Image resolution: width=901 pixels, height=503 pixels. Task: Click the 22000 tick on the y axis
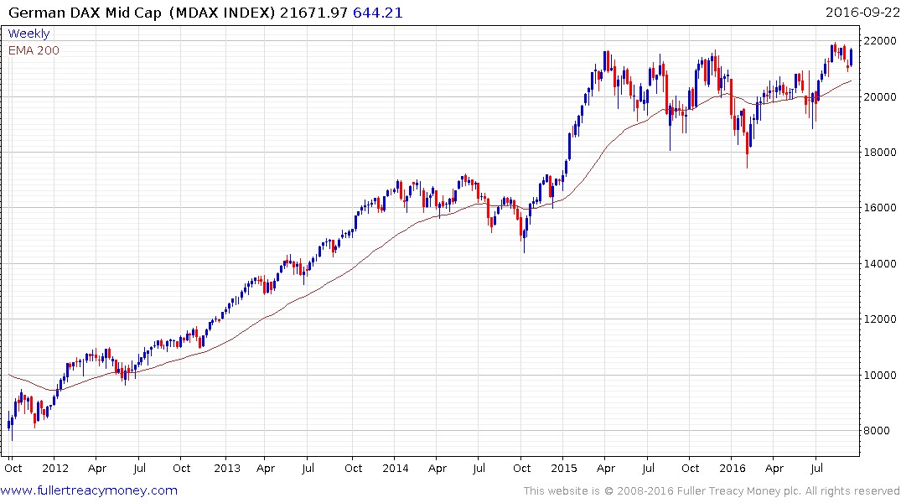pos(879,41)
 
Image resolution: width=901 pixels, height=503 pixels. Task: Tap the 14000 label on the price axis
pos(879,264)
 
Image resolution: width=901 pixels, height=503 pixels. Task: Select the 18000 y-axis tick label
pos(879,153)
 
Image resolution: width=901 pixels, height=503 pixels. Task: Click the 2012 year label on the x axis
pos(54,469)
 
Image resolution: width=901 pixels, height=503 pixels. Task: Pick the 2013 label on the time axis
pos(226,469)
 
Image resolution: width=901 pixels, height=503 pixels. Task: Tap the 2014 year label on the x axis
pos(396,469)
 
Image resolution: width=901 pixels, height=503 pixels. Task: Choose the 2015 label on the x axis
pos(566,469)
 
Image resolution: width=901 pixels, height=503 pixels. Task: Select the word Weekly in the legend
pos(28,34)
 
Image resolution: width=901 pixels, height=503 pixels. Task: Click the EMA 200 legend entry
pos(34,50)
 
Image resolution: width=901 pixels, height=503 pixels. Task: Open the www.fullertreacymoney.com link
pos(90,490)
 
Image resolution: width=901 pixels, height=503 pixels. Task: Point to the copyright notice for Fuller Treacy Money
pos(712,490)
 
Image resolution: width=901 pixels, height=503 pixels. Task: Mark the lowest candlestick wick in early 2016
pos(747,166)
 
